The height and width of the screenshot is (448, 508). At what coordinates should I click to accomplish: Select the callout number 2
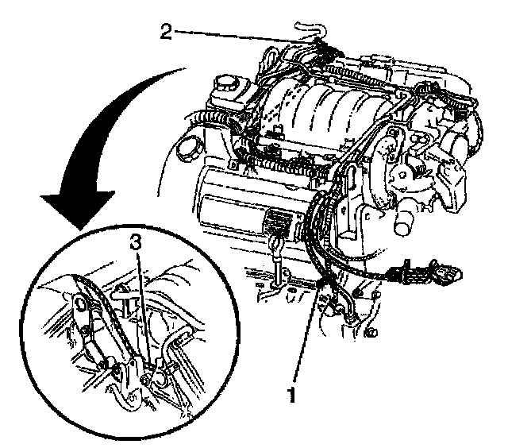(x=164, y=33)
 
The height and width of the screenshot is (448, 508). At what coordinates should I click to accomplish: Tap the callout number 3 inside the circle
(x=137, y=244)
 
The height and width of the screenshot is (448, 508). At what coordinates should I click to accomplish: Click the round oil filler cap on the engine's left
(x=190, y=149)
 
